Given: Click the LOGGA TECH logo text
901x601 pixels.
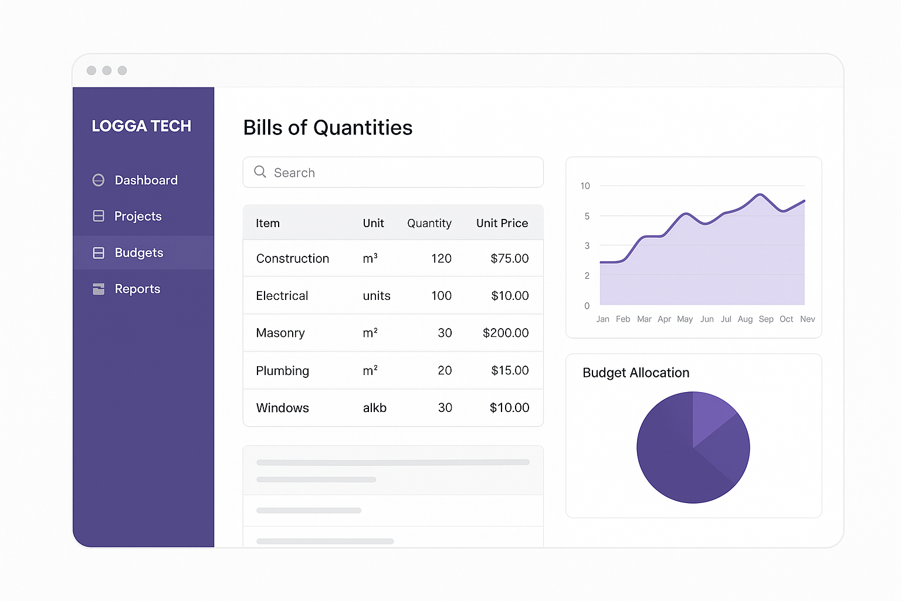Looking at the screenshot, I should (x=141, y=126).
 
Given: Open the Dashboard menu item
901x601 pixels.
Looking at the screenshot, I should (x=145, y=180).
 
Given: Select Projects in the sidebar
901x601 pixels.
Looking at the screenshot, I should (x=138, y=217).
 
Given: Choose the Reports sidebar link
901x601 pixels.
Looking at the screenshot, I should (x=137, y=289).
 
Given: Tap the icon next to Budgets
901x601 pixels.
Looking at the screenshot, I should (x=99, y=253).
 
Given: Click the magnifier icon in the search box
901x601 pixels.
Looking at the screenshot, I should (x=260, y=171).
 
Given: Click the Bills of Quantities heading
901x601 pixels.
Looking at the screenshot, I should (x=327, y=127).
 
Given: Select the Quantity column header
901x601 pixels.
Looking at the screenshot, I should (x=429, y=223).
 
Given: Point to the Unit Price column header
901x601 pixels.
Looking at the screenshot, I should (x=502, y=223).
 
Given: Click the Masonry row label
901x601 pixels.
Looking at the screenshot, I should (x=280, y=333).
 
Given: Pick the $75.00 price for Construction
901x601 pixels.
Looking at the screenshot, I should (x=509, y=258).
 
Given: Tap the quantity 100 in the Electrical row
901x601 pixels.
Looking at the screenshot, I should (x=441, y=296).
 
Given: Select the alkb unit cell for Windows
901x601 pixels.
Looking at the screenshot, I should (x=374, y=408).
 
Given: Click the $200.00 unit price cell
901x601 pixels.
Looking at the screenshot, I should (x=505, y=333).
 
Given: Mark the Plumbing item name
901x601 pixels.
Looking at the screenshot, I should (x=282, y=371).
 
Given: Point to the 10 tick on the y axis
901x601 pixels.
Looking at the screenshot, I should (x=585, y=186).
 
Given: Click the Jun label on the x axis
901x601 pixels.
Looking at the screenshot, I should (x=707, y=319).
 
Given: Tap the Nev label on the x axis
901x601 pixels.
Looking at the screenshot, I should (x=807, y=319).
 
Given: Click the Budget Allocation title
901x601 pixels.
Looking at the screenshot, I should (x=636, y=373).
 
